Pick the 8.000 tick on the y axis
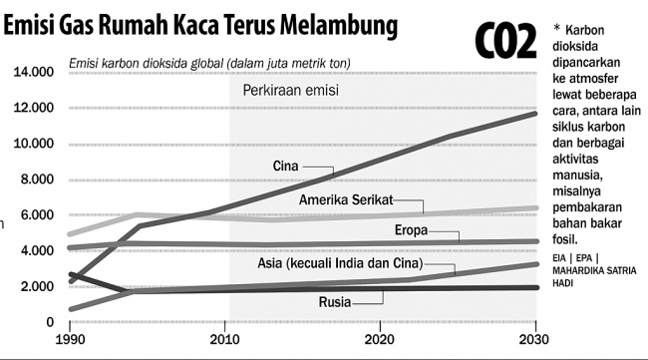(x=35, y=180)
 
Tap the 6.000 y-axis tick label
(x=35, y=215)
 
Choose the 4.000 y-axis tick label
(x=35, y=250)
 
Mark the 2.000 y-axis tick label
(x=35, y=286)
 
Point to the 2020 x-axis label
(x=380, y=340)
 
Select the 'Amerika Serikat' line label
(x=346, y=200)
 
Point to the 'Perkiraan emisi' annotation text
(x=292, y=91)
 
